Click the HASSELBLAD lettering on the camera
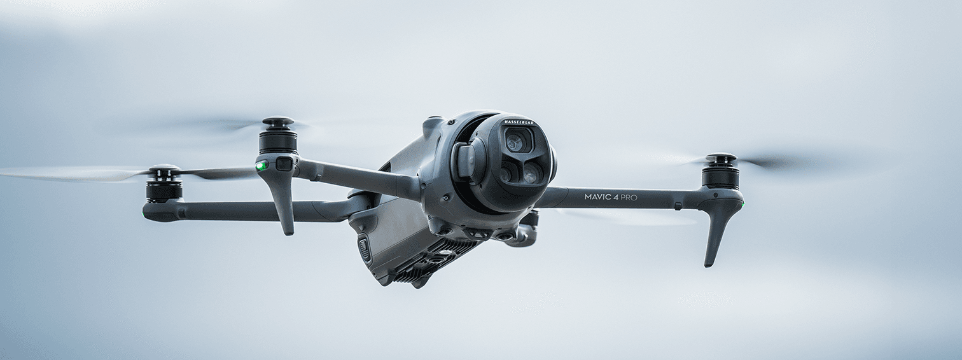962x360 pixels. (519, 122)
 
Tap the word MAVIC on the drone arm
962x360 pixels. (598, 197)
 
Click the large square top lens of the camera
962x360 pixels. (516, 141)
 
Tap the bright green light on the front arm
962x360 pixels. (260, 167)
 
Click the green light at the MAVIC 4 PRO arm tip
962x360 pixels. (741, 205)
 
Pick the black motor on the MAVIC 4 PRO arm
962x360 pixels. (720, 176)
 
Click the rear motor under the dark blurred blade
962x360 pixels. (164, 190)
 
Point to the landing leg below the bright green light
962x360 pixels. (284, 204)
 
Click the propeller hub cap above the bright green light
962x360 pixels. (278, 121)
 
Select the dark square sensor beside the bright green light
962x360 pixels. (284, 163)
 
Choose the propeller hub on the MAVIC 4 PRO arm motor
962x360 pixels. (720, 157)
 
